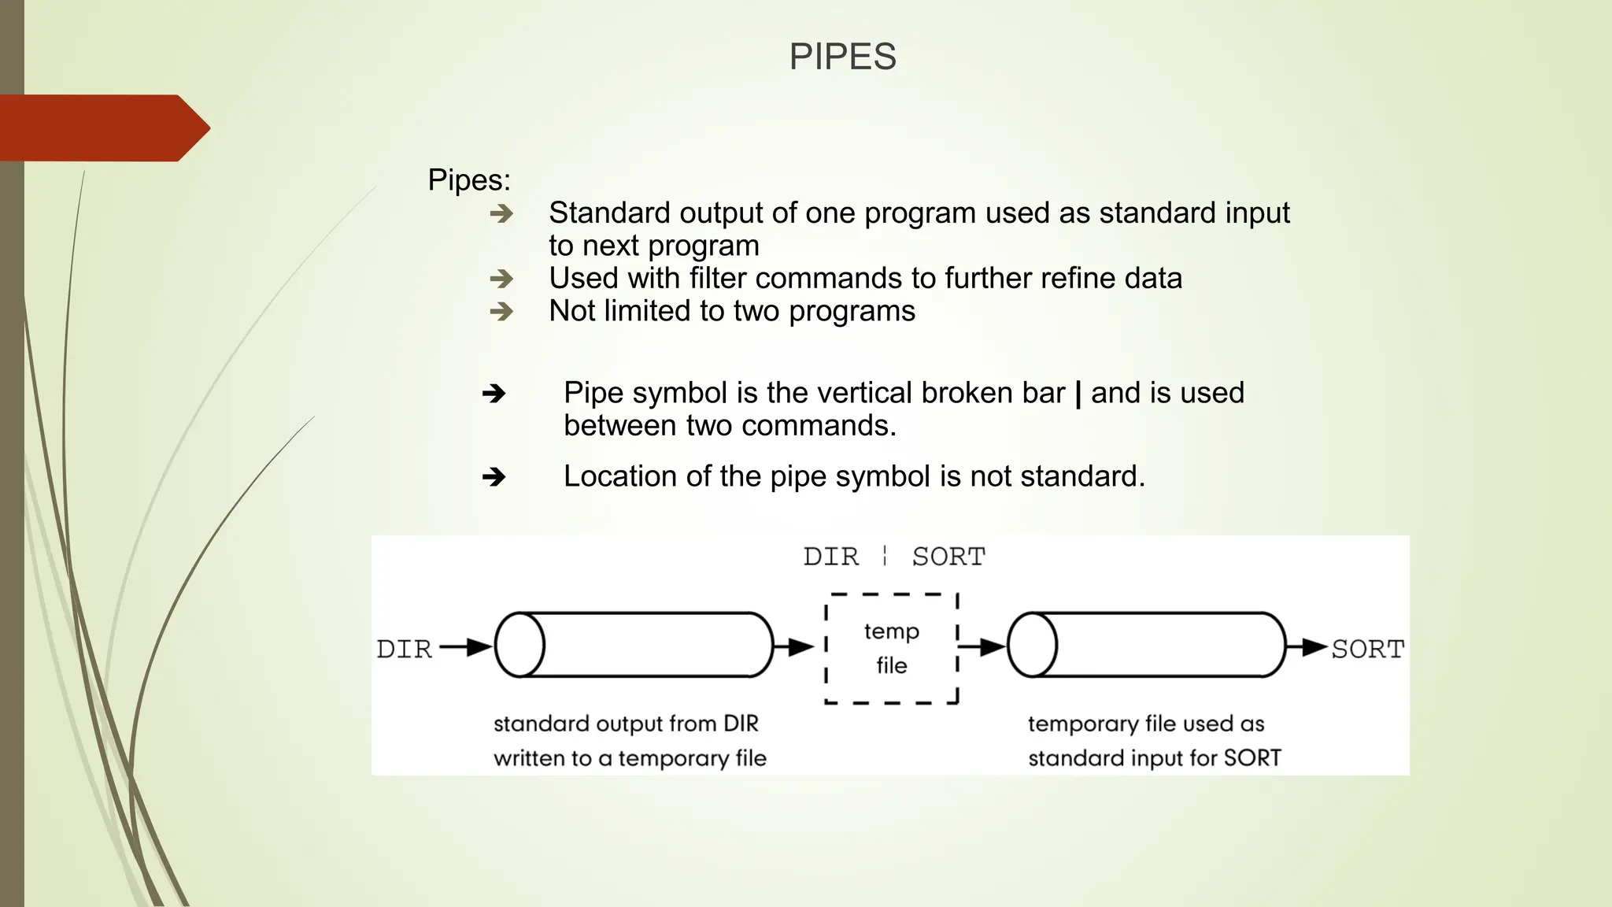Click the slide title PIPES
tap(842, 57)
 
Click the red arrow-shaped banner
tap(102, 128)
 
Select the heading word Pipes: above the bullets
tap(469, 180)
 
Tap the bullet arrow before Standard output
tap(501, 213)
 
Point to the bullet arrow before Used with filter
tap(501, 279)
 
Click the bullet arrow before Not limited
tap(501, 312)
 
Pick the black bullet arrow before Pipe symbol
tap(494, 393)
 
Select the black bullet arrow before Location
tap(494, 476)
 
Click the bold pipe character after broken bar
tap(1078, 393)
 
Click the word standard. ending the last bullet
tap(1082, 476)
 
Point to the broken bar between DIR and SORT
tap(885, 556)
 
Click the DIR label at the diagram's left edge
tap(405, 649)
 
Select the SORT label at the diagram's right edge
tap(1367, 649)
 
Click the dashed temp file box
tap(892, 648)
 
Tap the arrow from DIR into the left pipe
tap(466, 647)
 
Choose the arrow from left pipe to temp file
tap(793, 647)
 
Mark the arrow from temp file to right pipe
tap(982, 647)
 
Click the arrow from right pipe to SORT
tap(1307, 647)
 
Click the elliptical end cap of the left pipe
tap(519, 645)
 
